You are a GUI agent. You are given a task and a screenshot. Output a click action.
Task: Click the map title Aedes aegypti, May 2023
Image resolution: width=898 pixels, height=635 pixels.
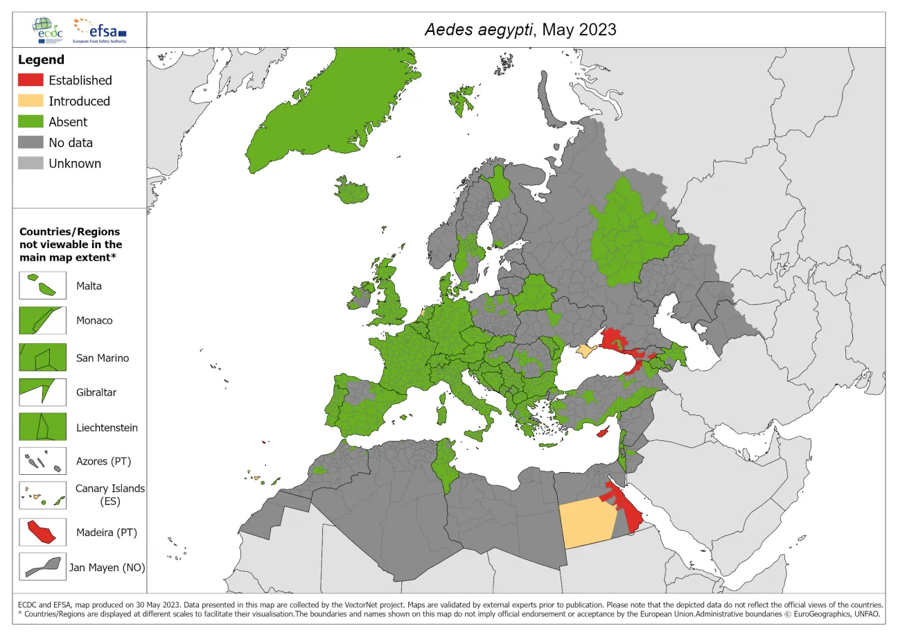click(519, 30)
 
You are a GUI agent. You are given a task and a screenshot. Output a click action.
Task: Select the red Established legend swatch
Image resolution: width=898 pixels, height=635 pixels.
click(30, 80)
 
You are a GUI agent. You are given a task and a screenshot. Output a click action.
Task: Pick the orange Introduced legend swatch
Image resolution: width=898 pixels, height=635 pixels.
click(30, 101)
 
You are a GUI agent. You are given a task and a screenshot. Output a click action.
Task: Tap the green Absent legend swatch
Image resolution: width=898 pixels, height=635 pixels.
click(30, 122)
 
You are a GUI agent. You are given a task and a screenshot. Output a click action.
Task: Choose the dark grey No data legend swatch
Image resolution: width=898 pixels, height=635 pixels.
click(30, 143)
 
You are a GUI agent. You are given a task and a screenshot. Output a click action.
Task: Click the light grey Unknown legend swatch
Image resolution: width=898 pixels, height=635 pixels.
click(30, 164)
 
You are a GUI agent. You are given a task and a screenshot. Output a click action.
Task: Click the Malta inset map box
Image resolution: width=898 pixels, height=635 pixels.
click(42, 286)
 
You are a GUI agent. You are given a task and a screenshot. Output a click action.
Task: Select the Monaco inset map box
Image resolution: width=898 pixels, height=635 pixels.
click(42, 321)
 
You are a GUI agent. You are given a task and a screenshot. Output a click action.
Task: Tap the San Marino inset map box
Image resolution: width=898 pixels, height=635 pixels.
click(42, 358)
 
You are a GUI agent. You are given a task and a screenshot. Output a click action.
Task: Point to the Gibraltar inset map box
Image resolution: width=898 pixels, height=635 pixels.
click(42, 392)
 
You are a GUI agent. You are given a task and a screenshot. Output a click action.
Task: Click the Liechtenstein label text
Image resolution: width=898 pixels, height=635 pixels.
click(107, 428)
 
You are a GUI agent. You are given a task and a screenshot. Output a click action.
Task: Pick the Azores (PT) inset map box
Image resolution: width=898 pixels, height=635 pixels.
click(42, 461)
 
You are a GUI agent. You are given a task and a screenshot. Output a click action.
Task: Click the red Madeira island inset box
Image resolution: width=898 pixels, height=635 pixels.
click(42, 532)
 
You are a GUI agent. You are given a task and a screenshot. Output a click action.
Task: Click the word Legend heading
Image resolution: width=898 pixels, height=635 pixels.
click(41, 60)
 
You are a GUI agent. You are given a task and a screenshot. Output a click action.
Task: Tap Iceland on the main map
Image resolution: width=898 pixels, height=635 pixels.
click(353, 191)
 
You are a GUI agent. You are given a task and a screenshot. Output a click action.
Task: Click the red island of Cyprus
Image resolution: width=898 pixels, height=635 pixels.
click(604, 432)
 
